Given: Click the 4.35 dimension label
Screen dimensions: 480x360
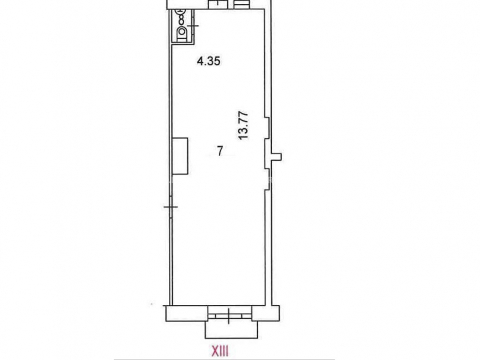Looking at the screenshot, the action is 208,61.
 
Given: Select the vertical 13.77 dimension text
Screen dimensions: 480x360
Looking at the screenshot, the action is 244,126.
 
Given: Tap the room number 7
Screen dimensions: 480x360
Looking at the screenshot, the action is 219,151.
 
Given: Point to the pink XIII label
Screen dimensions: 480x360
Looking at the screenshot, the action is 220,351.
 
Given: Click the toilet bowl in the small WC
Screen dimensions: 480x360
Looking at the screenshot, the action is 182,32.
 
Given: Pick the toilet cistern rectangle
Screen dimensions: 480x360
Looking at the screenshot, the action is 182,38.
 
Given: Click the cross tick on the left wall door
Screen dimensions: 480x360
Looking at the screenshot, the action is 171,207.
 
